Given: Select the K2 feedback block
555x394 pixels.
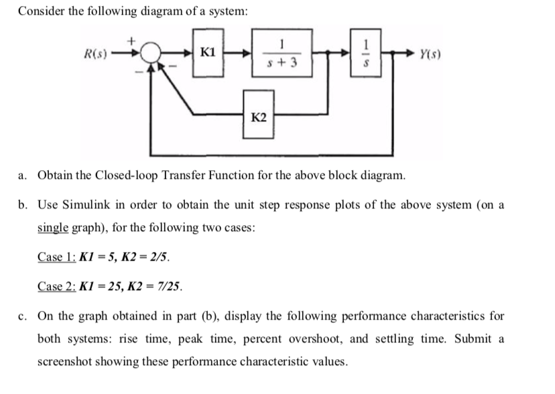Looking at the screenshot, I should point(258,117).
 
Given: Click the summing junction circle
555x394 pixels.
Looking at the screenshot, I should point(148,53).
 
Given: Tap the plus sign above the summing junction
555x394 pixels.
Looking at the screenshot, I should point(133,40).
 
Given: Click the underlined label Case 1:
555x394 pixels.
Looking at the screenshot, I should point(56,257).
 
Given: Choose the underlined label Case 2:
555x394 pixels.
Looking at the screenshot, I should point(56,287).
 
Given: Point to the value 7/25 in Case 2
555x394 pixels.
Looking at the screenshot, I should point(171,287).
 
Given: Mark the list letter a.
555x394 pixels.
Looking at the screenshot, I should point(23,176).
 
